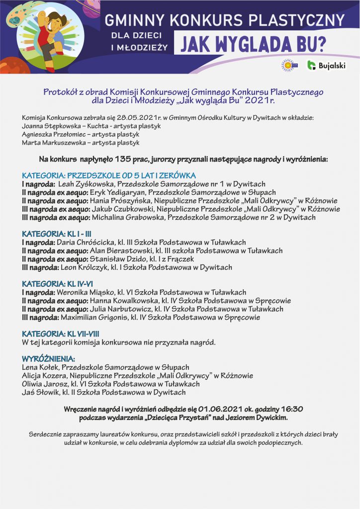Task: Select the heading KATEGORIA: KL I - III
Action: point(56,234)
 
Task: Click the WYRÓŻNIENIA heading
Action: point(49,358)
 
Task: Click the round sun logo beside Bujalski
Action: point(289,65)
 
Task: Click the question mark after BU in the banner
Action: point(322,45)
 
